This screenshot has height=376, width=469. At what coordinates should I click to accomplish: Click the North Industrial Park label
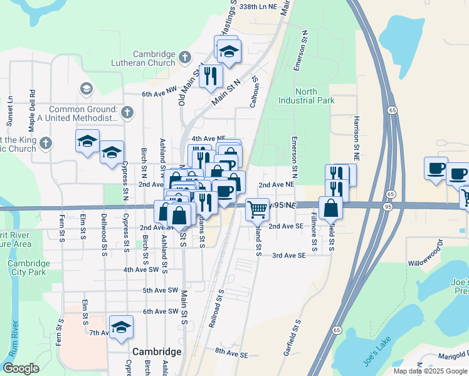pyautogui.click(x=307, y=96)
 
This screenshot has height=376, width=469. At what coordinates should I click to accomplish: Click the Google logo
pyautogui.click(x=21, y=368)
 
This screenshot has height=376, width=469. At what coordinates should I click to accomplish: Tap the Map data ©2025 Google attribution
pyautogui.click(x=429, y=371)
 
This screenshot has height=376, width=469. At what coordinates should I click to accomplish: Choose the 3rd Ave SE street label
pyautogui.click(x=288, y=256)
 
